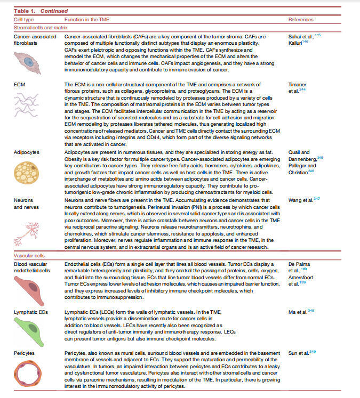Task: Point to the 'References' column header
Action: click(301, 19)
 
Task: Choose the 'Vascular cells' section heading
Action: click(28, 256)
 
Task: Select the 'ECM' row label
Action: click(19, 85)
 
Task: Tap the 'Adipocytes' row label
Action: click(26, 152)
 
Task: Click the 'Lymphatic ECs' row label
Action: click(29, 310)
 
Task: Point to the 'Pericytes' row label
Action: click(25, 354)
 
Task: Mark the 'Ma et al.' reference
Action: click(298, 311)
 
